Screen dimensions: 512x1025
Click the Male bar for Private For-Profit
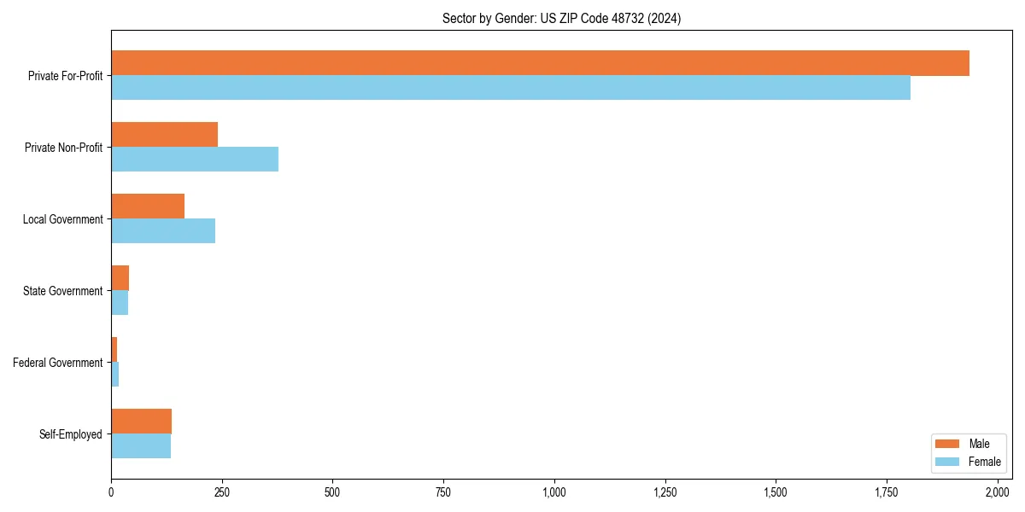(540, 63)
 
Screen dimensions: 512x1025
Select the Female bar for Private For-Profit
(511, 88)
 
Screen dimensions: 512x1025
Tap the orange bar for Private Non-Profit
(164, 135)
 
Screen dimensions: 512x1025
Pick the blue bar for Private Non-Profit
(195, 160)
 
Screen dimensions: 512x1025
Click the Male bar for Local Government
(148, 207)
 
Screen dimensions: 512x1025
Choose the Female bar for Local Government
(163, 231)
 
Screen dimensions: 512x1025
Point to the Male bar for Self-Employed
(141, 422)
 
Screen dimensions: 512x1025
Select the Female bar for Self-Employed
(141, 446)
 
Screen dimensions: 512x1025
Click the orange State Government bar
(120, 278)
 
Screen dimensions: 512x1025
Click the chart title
(561, 19)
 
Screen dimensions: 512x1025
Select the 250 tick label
(222, 492)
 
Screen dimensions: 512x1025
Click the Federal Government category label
(58, 363)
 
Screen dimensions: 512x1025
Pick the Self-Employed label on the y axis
(71, 434)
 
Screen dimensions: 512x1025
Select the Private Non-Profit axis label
(63, 148)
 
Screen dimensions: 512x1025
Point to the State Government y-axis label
(63, 291)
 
